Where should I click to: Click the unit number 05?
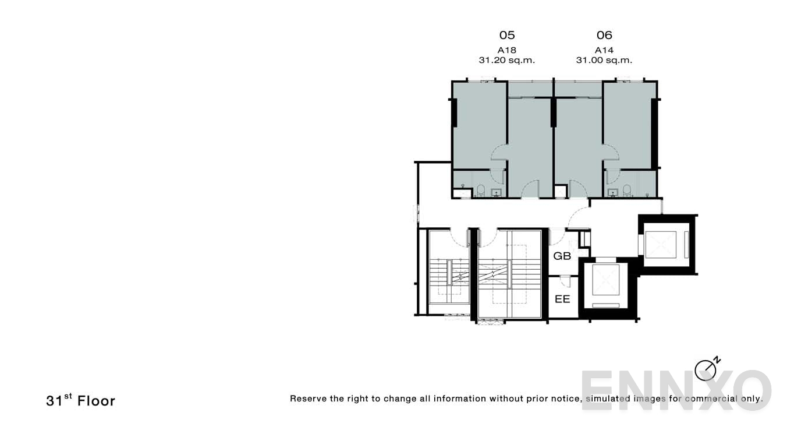507,36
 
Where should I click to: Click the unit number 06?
604,36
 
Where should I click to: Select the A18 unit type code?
507,50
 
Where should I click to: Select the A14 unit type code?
604,50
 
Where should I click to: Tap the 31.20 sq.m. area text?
507,60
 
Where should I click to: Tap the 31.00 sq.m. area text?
604,60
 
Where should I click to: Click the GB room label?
562,256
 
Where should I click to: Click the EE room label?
562,299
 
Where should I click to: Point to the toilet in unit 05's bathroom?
481,191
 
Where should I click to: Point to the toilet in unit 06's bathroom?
628,191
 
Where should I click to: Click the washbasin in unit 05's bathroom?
497,193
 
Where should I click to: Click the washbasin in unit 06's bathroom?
612,193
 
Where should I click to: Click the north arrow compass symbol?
706,369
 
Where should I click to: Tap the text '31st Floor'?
81,401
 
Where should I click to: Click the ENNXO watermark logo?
675,390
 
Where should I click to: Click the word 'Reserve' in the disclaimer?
308,399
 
